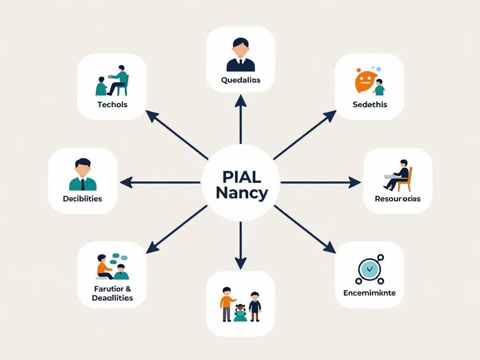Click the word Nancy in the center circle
pyautogui.click(x=242, y=192)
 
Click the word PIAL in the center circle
pyautogui.click(x=242, y=177)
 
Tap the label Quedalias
pyautogui.click(x=240, y=80)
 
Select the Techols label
pyautogui.click(x=112, y=105)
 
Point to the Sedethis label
pyautogui.click(x=370, y=105)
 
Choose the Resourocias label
pyautogui.click(x=397, y=199)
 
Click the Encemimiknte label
pyautogui.click(x=369, y=293)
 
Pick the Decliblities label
pyautogui.click(x=82, y=199)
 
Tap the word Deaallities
pyautogui.click(x=112, y=298)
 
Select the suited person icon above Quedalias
pyautogui.click(x=240, y=55)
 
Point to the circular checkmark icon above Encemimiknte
pyautogui.click(x=368, y=269)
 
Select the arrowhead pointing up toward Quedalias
pyautogui.click(x=240, y=99)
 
